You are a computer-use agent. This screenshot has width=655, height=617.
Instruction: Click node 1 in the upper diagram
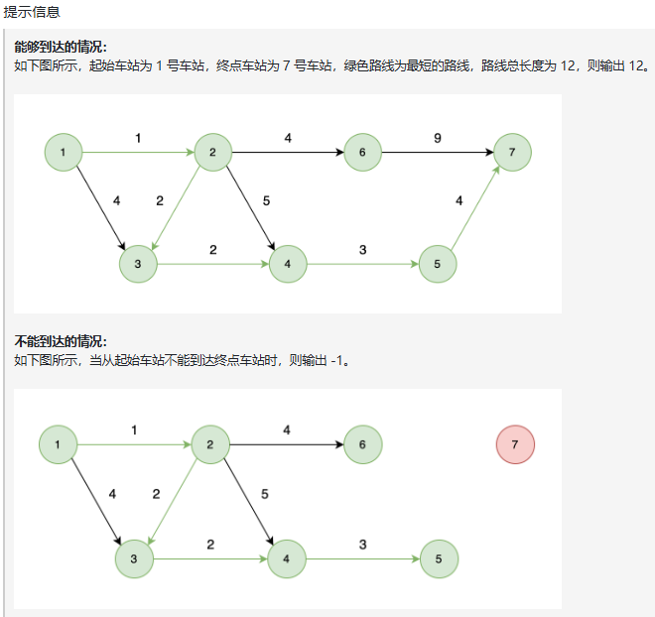[64, 153]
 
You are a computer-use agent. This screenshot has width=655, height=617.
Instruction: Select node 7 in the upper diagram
[511, 153]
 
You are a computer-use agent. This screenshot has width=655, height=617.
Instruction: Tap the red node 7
[515, 444]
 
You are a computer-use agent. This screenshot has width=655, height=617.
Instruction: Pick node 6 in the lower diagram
[362, 444]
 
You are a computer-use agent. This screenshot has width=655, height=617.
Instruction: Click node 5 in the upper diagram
[437, 264]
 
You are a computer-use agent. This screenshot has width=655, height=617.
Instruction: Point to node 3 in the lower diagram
[133, 558]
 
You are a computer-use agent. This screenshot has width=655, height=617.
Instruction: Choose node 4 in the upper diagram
[287, 264]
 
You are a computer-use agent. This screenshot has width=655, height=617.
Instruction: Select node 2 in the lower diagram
[210, 444]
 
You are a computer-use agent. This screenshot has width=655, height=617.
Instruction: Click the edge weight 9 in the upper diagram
[438, 138]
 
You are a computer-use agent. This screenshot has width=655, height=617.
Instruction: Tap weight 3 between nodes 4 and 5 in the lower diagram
[362, 544]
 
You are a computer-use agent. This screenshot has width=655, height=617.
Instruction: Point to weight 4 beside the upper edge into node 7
[458, 200]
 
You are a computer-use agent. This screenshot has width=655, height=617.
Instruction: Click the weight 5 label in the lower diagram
[264, 494]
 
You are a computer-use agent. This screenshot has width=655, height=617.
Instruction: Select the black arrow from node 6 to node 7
[437, 153]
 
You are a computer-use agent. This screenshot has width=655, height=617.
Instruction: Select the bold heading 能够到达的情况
[61, 48]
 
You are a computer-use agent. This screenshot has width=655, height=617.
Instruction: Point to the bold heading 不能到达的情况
[61, 341]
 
